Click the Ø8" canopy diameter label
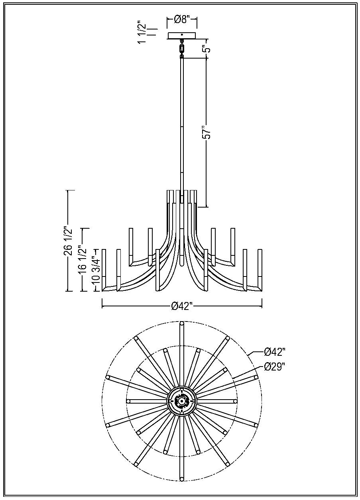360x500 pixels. pos(182,19)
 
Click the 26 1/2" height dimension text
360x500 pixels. pos(68,241)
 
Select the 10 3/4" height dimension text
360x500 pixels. pos(96,269)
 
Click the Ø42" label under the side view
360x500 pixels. pos(182,306)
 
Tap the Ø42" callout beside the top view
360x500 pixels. pos(275,352)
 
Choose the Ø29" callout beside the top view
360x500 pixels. pos(275,367)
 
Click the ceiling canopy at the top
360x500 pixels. pos(182,36)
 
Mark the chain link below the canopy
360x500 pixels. pos(182,49)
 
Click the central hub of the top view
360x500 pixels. pos(182,401)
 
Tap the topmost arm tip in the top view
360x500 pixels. pos(182,324)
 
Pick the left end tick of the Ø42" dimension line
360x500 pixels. pos(102,306)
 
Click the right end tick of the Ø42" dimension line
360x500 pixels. pos(262,306)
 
